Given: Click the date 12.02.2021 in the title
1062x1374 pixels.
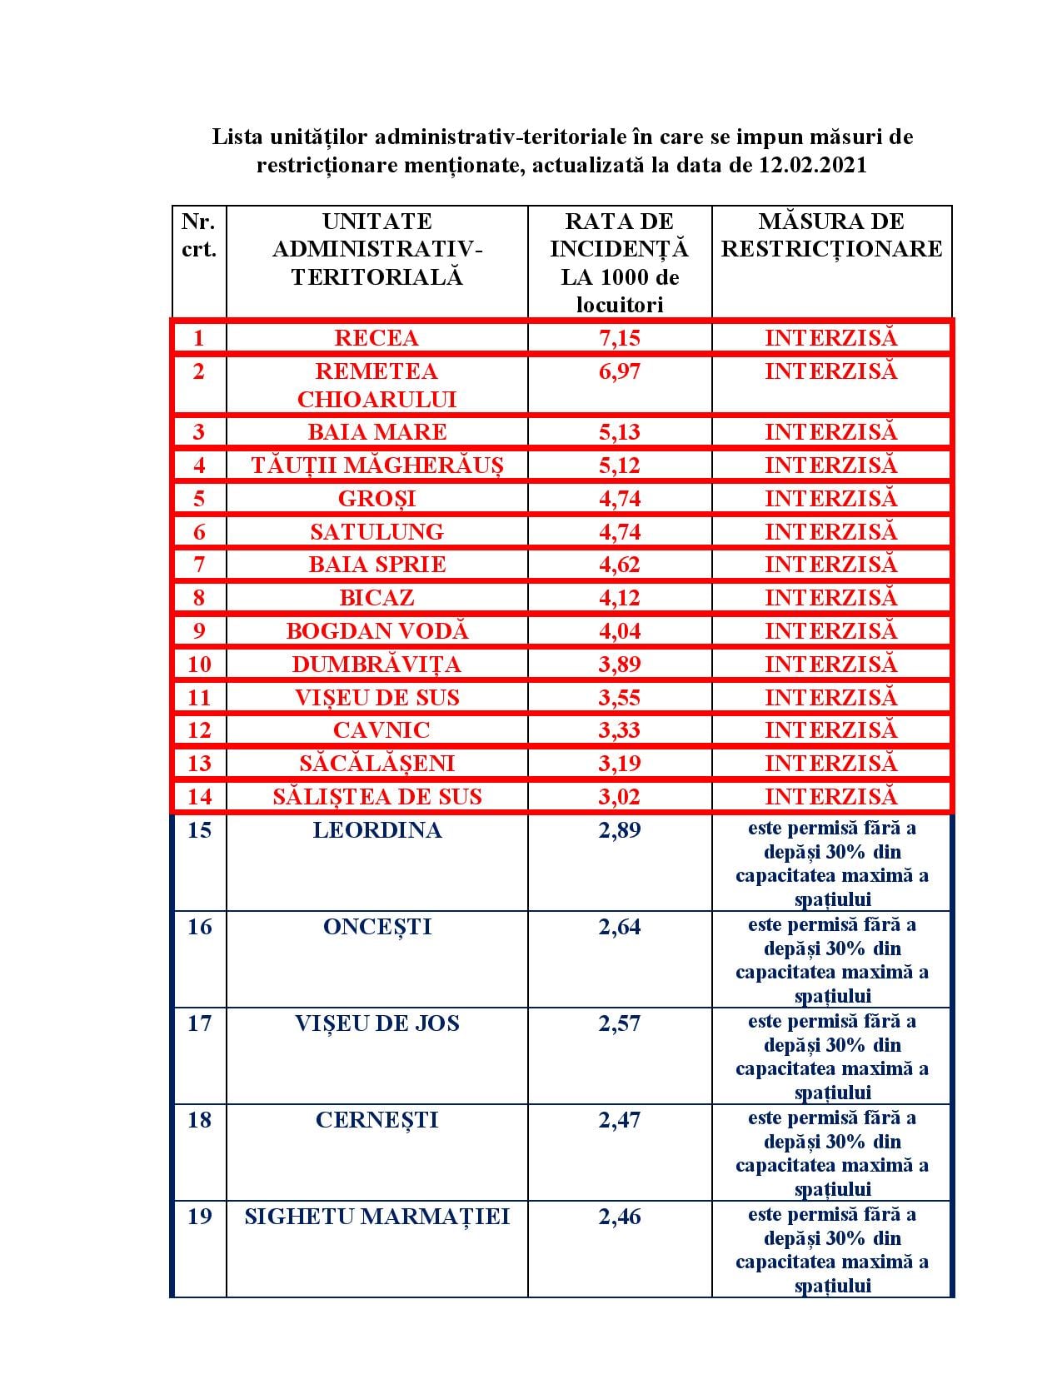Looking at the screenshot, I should (813, 165).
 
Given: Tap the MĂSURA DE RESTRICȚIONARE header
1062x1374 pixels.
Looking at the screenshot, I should (831, 235).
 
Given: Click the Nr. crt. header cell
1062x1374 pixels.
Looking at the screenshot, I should (198, 235).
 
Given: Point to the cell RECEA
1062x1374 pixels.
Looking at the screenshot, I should (376, 338).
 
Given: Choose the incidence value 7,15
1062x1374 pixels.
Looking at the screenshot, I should (619, 338).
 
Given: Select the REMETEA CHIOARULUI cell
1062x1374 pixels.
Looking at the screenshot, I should (376, 385).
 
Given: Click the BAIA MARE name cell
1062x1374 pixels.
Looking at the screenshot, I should (376, 432).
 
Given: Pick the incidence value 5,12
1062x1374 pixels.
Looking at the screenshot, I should (619, 465).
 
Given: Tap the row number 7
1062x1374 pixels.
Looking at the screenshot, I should (198, 565).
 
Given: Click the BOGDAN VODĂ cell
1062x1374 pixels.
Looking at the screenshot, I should (376, 631).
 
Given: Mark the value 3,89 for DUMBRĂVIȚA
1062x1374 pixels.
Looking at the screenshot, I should (619, 665).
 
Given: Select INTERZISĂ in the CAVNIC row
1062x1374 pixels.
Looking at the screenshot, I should (831, 730).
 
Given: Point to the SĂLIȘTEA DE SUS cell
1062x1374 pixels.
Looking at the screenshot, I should (376, 797).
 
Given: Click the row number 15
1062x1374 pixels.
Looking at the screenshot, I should (199, 830).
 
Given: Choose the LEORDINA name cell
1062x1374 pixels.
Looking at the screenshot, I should (376, 830).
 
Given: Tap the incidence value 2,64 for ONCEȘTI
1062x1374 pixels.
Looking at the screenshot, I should (619, 927).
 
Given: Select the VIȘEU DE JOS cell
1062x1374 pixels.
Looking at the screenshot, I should (376, 1023).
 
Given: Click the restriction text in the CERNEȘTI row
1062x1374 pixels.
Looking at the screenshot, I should (831, 1152).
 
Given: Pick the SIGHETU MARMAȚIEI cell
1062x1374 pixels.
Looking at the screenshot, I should (376, 1217).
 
